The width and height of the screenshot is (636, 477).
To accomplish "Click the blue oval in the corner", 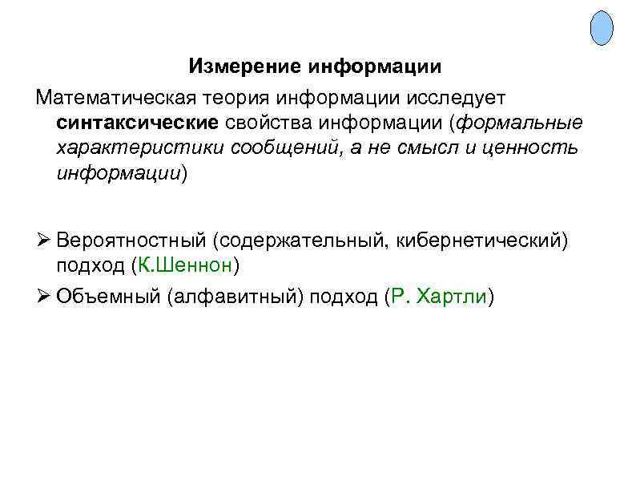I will (x=602, y=28).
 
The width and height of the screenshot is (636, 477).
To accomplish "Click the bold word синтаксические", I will (x=137, y=123).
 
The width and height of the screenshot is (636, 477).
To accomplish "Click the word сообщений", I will (x=270, y=148).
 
